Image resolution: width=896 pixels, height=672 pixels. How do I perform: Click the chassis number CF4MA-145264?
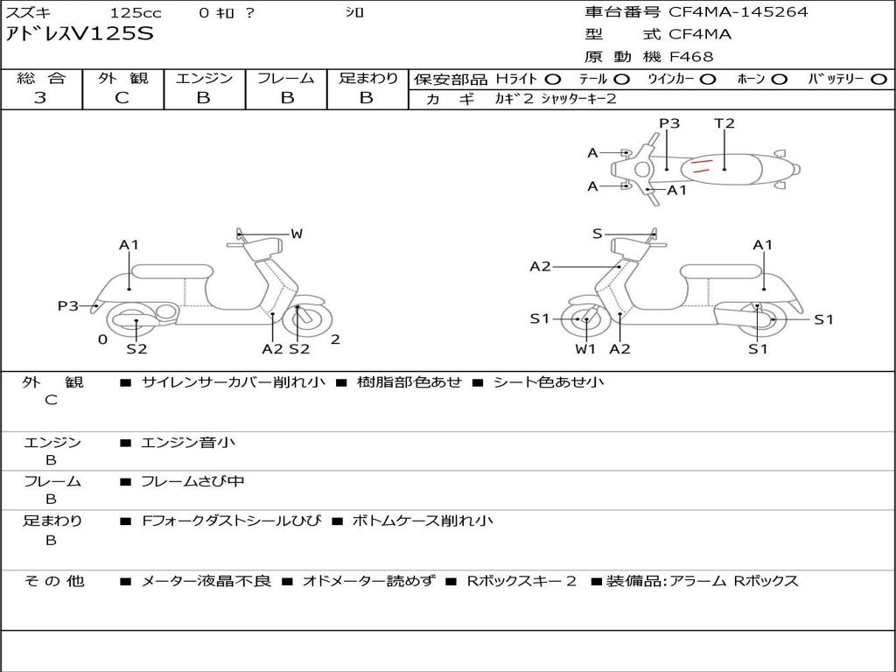[738, 12]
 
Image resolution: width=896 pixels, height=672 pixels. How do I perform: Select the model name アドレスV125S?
[80, 34]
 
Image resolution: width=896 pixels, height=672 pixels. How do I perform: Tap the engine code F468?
[691, 57]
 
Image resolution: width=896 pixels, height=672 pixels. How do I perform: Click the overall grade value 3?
[40, 98]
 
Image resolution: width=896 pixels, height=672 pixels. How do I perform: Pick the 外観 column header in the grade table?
[122, 78]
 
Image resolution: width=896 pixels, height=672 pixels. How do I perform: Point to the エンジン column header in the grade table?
[204, 78]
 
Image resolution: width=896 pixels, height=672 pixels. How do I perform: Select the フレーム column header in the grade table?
[286, 78]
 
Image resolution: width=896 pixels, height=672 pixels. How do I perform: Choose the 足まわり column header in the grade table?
[367, 78]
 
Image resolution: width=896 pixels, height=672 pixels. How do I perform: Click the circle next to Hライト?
[553, 79]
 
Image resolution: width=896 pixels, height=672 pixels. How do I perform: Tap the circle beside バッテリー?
[878, 79]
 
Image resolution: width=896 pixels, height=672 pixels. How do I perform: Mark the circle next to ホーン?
[779, 79]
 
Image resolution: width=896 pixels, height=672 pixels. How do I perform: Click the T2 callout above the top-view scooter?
[724, 123]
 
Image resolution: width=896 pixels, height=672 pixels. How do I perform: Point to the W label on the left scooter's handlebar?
[297, 234]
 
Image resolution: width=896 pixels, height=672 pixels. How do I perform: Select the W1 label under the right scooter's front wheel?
[584, 349]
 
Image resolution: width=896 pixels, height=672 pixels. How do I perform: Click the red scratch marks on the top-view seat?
[700, 165]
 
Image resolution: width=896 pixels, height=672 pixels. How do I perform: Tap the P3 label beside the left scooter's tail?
[68, 306]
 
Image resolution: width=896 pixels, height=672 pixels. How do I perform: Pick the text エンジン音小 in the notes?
[188, 443]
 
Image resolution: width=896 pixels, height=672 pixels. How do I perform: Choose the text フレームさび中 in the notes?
[192, 481]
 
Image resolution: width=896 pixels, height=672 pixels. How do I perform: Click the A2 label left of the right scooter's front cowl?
[540, 267]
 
